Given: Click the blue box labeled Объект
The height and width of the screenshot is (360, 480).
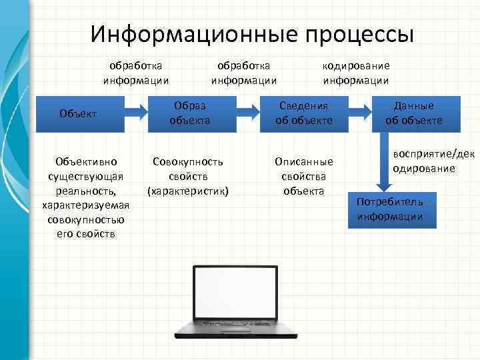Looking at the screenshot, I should tap(79, 113).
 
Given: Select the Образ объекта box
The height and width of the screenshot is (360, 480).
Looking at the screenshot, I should tap(190, 113).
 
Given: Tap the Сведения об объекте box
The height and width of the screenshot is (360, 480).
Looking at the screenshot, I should tap(303, 113).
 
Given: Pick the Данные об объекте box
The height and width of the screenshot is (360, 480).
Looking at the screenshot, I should tap(413, 113).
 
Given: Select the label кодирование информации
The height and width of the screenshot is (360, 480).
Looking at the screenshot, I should tap(356, 73).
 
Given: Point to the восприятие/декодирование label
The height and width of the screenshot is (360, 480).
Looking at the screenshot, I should tap(433, 161).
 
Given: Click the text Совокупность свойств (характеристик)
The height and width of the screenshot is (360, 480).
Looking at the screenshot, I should tap(188, 176).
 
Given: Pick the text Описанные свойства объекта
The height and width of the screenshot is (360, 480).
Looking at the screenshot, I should tap(303, 176).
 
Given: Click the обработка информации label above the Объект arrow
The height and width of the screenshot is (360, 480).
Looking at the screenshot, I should tap(136, 73).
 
